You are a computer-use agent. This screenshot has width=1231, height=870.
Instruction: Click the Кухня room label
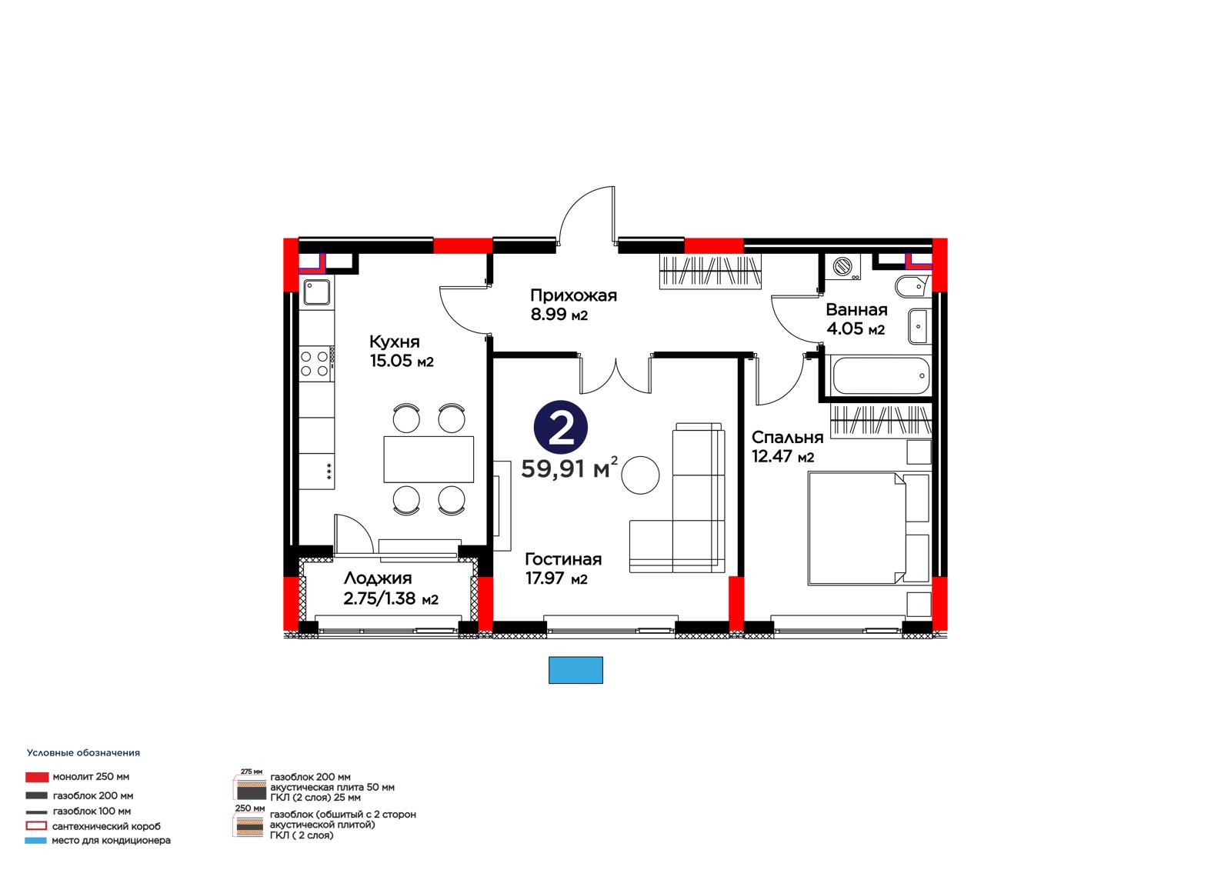point(394,342)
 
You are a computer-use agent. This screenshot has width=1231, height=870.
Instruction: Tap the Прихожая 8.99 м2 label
point(573,305)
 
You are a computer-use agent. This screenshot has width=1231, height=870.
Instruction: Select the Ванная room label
point(856,309)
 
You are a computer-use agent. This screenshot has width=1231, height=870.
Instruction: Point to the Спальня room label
point(787,438)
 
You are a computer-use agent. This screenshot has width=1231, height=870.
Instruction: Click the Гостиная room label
point(562,559)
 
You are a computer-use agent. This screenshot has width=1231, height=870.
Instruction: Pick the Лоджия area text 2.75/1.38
point(379,598)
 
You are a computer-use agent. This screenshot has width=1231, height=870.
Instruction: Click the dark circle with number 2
point(561,428)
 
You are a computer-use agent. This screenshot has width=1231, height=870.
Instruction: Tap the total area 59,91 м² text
point(569,468)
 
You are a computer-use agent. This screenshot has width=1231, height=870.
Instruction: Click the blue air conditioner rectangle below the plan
point(575,670)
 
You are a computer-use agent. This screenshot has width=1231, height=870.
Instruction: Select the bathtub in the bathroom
point(880,376)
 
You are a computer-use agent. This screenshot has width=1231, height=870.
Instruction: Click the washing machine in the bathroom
point(842,267)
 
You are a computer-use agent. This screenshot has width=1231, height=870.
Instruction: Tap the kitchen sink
point(317,292)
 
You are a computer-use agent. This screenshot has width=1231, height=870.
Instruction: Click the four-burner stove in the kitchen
point(316,364)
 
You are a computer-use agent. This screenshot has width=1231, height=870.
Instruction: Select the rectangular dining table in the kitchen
point(429,459)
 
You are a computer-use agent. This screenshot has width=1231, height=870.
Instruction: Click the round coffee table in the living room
point(640,475)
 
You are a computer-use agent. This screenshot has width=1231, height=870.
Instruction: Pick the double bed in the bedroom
point(869,528)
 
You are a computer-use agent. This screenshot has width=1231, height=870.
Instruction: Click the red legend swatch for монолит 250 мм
point(37,777)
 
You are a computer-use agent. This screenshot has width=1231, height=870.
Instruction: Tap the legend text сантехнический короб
point(107,826)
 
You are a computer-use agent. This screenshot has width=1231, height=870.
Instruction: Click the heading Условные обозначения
point(84,753)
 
